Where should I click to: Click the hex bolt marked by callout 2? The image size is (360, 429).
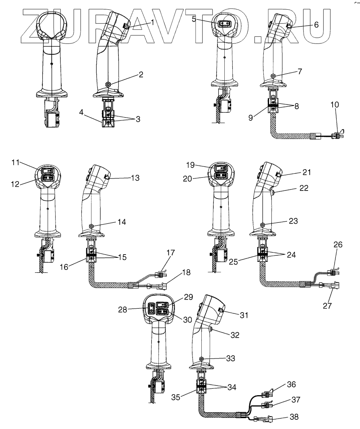click(108, 84)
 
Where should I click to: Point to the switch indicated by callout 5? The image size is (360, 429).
click(222, 24)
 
